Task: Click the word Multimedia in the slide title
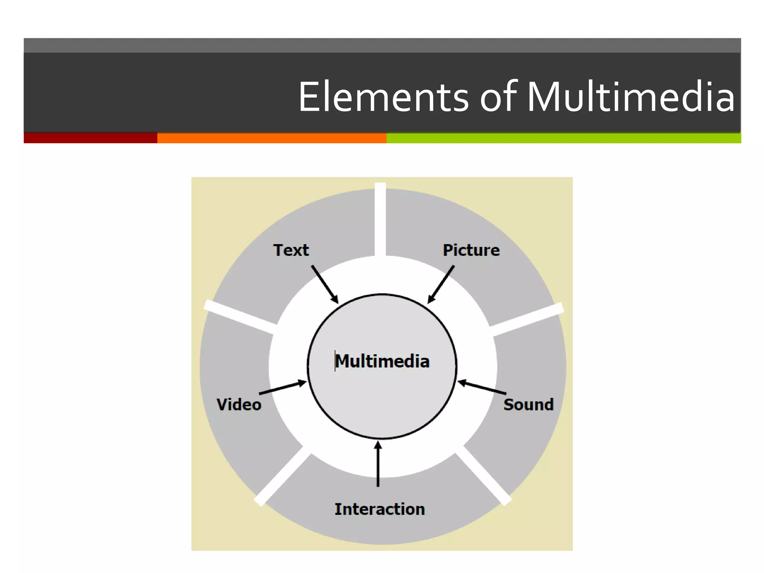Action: click(630, 97)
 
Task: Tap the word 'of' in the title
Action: click(498, 97)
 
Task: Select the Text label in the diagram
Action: click(291, 250)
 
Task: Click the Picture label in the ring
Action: click(471, 250)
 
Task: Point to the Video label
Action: click(239, 405)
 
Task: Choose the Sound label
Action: click(528, 405)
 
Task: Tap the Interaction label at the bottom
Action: click(379, 509)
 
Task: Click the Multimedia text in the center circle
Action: click(382, 361)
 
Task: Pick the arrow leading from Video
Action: click(283, 388)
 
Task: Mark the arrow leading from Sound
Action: click(482, 388)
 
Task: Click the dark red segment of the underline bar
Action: click(90, 138)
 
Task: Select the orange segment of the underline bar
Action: click(272, 138)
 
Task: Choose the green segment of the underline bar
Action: click(563, 138)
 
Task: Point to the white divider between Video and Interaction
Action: click(283, 476)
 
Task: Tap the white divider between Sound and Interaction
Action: click(483, 476)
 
